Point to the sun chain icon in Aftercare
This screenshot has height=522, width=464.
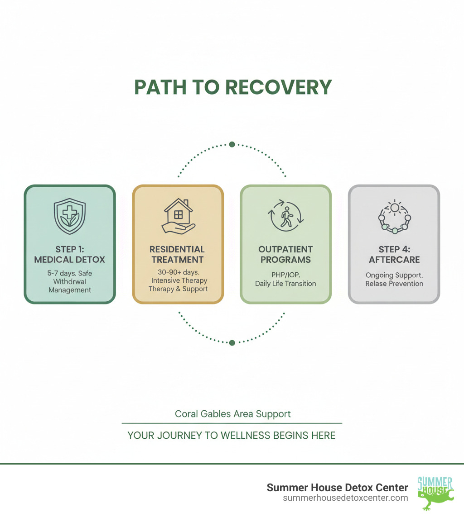tap(394, 216)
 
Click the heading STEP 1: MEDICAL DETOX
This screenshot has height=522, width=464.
tap(69, 254)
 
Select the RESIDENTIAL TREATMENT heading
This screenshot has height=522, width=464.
tap(178, 254)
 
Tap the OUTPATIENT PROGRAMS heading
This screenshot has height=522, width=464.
tap(285, 254)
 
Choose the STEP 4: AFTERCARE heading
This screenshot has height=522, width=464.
tap(394, 254)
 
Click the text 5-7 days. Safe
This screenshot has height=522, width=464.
tap(69, 273)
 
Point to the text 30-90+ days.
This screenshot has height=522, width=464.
tap(178, 272)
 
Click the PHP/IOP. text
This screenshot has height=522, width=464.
tap(285, 275)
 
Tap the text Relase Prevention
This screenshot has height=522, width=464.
tap(394, 284)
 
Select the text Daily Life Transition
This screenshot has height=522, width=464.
tap(285, 284)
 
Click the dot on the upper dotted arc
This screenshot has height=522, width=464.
tap(232, 144)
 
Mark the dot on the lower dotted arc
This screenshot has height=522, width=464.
tap(232, 343)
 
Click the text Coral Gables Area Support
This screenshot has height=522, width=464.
tap(233, 414)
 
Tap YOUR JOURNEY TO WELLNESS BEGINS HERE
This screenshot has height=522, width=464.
tap(232, 436)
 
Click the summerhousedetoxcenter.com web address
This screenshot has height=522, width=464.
tap(345, 498)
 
